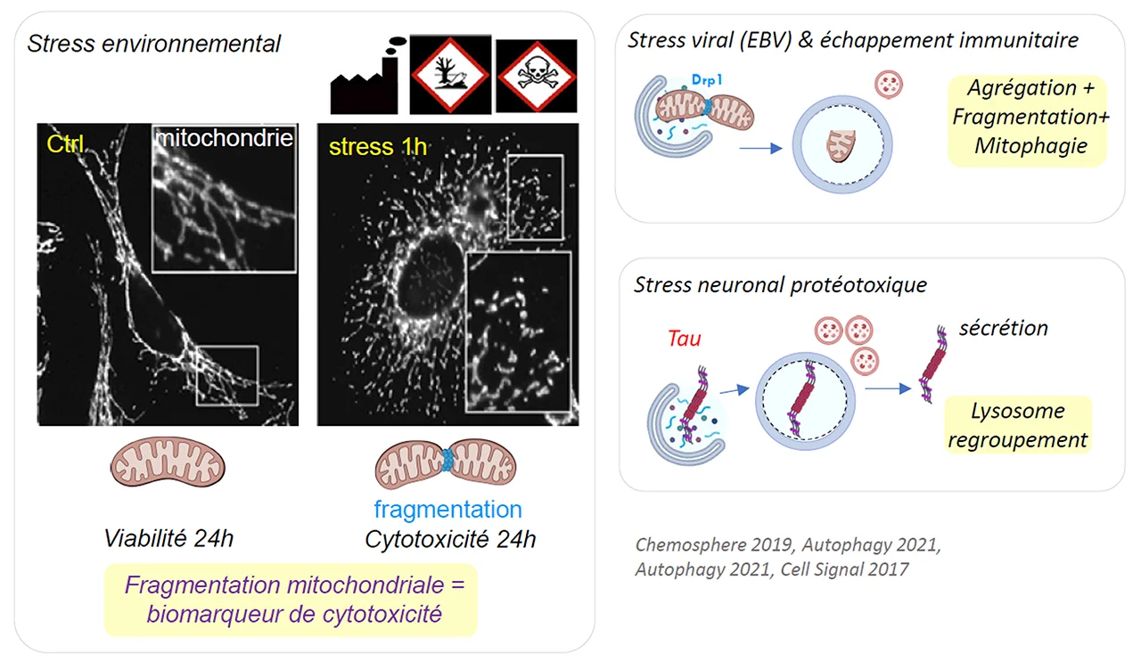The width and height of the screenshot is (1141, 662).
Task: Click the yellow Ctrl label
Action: pos(64,144)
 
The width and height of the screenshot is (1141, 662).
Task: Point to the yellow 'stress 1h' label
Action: pos(378,146)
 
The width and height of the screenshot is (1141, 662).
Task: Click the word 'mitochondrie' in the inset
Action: pos(224,139)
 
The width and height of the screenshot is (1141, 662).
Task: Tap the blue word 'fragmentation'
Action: pos(447,510)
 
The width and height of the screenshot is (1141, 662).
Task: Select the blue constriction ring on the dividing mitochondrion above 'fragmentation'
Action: pos(448,461)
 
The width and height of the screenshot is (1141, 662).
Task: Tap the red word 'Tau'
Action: pos(684,339)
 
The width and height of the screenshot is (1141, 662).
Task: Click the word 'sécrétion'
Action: pos(1003,328)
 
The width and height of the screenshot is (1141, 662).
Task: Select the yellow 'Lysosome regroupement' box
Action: pos(1018,425)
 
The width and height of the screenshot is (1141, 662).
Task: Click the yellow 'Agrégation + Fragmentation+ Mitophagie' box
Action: pos(1025,117)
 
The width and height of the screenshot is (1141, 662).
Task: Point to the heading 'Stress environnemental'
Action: pos(154,43)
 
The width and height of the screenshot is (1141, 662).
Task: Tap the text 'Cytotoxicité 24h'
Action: pos(450,539)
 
